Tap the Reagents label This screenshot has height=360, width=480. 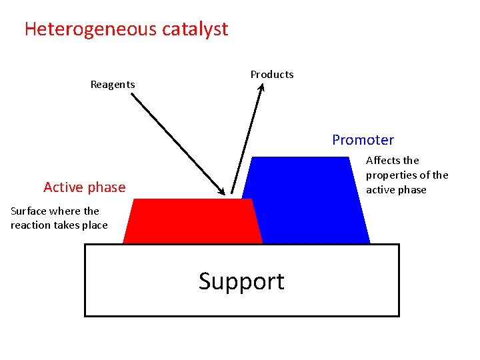click(113, 85)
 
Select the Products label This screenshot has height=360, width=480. click(271, 75)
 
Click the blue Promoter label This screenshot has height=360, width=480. click(363, 140)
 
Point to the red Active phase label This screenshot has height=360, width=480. click(84, 187)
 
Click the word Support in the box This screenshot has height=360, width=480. click(241, 281)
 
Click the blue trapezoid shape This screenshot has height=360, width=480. click(307, 200)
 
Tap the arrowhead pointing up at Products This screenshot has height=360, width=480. click(261, 87)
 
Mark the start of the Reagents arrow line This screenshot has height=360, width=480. click(131, 94)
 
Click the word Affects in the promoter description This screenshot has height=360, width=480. click(384, 161)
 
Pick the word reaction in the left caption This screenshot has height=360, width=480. click(31, 225)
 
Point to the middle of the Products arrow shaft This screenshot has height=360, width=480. click(247, 141)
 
